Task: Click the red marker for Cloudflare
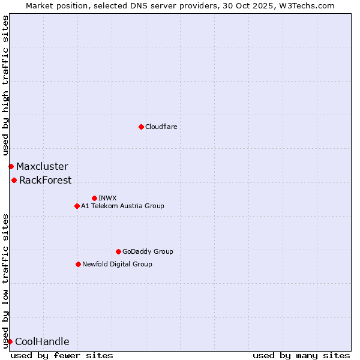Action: [141, 127]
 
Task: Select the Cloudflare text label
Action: [161, 127]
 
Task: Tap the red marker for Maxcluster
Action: [11, 166]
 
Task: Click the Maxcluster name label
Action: [42, 166]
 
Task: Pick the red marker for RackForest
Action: [14, 180]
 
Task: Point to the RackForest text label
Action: [45, 180]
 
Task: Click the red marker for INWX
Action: [94, 198]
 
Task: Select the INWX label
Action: [108, 198]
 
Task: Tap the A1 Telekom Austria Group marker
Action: [77, 206]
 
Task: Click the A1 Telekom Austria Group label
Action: [122, 206]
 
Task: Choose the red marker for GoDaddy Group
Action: [118, 251]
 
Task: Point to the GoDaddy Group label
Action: [148, 251]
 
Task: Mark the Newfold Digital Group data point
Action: [78, 264]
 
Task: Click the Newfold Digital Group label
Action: [117, 264]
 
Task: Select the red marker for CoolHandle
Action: [10, 341]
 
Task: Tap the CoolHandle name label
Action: [42, 342]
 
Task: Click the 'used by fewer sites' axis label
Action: [62, 355]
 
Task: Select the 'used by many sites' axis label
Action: [301, 355]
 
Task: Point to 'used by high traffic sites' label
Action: [5, 86]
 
